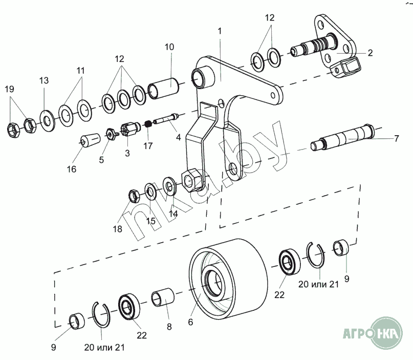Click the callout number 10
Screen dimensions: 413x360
[x=169, y=47]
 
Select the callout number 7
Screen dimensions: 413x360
[x=397, y=138]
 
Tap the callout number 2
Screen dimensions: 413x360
[x=370, y=53]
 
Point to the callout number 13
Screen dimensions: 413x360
[x=44, y=80]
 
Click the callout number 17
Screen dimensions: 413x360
[x=148, y=146]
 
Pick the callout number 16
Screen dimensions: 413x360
[x=71, y=169]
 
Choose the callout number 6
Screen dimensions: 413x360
[x=190, y=322]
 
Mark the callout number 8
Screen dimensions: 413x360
[x=169, y=327]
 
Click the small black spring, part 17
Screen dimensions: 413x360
[x=148, y=123]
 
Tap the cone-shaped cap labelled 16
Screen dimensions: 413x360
[x=91, y=139]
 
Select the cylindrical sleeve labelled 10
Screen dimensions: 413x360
[x=164, y=88]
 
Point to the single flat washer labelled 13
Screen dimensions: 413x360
[x=48, y=121]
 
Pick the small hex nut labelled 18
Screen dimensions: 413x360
[x=134, y=196]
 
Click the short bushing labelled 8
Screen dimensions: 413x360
[x=163, y=298]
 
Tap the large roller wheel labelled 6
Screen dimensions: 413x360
[x=228, y=279]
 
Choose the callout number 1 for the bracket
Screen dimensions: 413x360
[x=220, y=31]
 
